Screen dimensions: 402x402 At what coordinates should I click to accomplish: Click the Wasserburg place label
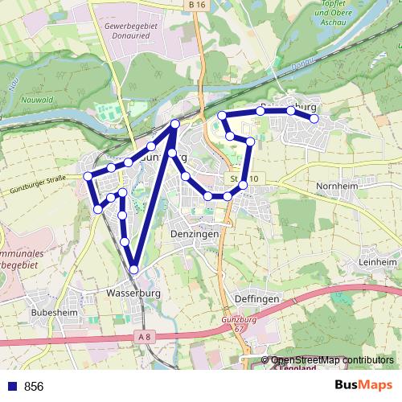click(133, 293)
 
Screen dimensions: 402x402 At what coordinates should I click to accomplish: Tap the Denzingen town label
click(195, 234)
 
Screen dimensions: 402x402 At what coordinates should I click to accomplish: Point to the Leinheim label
click(378, 262)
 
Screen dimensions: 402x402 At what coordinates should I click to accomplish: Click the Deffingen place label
click(256, 298)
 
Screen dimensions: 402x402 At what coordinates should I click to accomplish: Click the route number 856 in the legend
click(34, 387)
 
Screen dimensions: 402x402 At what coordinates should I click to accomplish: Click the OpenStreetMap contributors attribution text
click(333, 360)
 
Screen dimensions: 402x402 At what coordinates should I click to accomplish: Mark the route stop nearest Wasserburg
click(134, 269)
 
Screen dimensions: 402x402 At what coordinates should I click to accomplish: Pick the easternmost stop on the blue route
click(314, 119)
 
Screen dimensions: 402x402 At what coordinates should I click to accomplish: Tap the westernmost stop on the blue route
click(88, 176)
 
